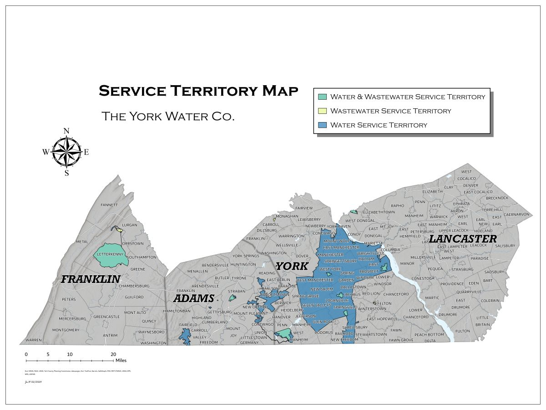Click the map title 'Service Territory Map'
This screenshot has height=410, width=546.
[198, 91]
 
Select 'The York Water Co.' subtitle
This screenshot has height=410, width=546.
[168, 116]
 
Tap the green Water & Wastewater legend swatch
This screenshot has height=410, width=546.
[322, 97]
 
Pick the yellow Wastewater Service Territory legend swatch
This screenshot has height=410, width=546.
[322, 111]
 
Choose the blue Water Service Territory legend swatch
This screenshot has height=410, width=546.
[322, 125]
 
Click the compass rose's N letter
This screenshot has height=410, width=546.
[66, 131]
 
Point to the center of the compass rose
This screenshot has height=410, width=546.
[66, 152]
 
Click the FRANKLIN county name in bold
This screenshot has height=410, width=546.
[91, 279]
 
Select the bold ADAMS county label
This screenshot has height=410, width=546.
[193, 299]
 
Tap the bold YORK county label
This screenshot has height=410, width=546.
[292, 266]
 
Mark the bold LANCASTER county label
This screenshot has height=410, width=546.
[463, 239]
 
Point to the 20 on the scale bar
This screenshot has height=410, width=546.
[113, 354]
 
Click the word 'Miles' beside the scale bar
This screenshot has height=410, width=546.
[121, 360]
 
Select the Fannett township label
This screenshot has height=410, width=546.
[109, 205]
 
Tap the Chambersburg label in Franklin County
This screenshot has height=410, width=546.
[134, 286]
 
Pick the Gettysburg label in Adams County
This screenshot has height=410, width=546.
[219, 312]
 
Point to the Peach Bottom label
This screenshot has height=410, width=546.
[429, 335]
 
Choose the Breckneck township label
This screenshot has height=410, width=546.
[497, 198]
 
